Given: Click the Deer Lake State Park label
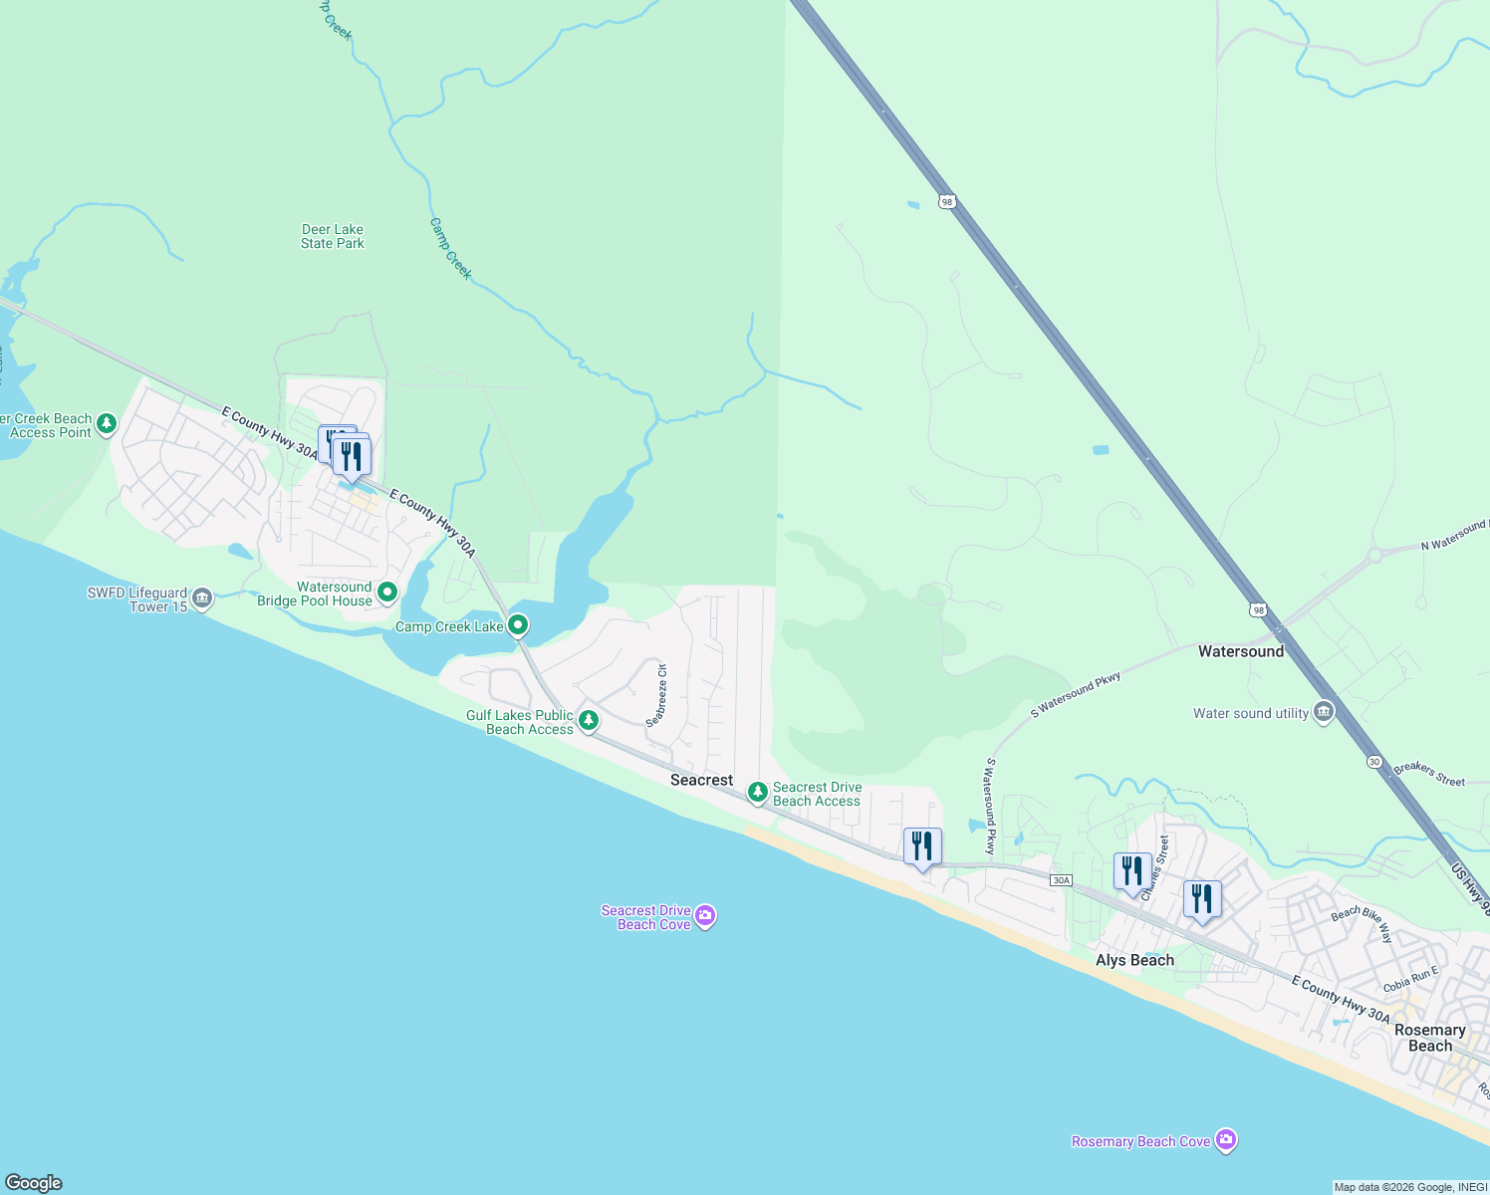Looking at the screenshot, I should click(x=333, y=236).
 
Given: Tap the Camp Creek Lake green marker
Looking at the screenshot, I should click(x=518, y=625).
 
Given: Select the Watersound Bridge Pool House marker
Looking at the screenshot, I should click(x=387, y=593).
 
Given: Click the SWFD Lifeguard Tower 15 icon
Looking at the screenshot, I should click(x=202, y=597).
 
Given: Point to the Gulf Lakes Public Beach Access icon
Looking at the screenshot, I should click(x=589, y=719).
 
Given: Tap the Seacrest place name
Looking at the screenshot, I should click(x=701, y=780).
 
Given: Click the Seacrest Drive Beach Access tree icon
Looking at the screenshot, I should click(x=758, y=792).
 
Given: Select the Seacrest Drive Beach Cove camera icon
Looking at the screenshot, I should click(x=705, y=915).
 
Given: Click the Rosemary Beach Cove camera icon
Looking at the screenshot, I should click(x=1226, y=1139).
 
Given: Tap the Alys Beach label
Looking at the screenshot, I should click(x=1134, y=960).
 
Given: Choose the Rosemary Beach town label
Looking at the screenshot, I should click(x=1429, y=1038).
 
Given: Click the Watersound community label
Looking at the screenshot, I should click(x=1241, y=651).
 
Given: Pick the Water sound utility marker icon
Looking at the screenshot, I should click(x=1324, y=712).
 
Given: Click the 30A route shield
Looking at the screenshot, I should click(x=1061, y=880).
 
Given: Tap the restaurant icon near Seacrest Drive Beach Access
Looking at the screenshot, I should click(x=922, y=846).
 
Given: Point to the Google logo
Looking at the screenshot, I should click(x=34, y=1183).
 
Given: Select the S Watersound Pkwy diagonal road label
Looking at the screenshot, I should click(x=1076, y=694).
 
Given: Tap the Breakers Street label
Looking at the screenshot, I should click(x=1429, y=774).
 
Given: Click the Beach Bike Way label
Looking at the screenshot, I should click(x=1362, y=925).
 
